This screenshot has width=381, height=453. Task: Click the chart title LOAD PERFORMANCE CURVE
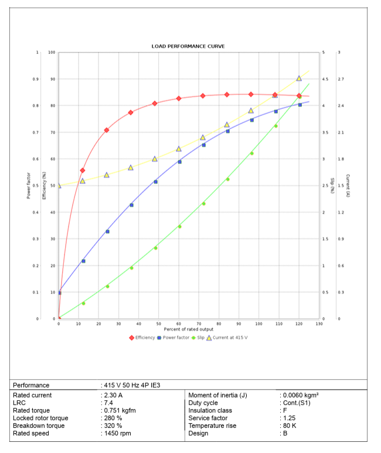tap(188, 46)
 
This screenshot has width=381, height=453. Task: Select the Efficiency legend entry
tap(142, 338)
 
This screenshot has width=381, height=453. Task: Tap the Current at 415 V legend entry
tap(230, 338)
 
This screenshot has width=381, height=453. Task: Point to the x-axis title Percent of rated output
tap(188, 329)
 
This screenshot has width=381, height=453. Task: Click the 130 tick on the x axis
tap(319, 324)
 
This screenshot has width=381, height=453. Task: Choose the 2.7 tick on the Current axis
tap(341, 79)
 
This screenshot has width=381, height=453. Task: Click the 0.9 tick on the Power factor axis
tap(36, 79)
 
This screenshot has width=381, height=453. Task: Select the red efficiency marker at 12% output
tap(83, 171)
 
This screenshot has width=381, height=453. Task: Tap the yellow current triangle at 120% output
tap(299, 78)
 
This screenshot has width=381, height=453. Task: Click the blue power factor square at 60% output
tap(179, 162)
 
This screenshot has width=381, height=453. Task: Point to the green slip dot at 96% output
tap(251, 154)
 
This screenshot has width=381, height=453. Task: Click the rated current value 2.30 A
tap(113, 396)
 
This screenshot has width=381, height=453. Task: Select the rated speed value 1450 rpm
tap(116, 434)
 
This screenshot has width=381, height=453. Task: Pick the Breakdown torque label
tap(39, 426)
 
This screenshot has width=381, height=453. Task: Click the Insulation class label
tap(210, 411)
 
